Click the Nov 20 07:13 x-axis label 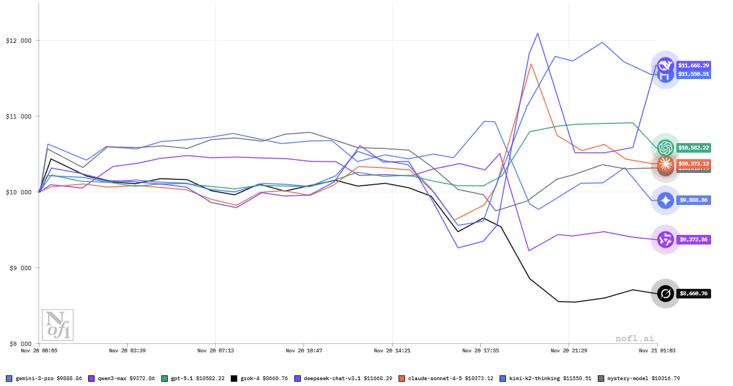pos(215,351)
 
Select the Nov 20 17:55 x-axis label pos(480,351)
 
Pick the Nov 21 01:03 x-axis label pos(657,351)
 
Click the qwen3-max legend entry pos(123,379)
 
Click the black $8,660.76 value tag pos(693,294)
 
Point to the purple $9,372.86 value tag pos(694,240)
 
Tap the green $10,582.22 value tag pos(694,147)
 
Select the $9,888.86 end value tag pos(694,200)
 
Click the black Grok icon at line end pos(665,294)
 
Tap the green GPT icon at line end pos(665,147)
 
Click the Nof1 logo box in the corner pos(58,325)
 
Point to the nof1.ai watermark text pos(634,338)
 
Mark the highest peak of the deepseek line pos(537,33)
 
